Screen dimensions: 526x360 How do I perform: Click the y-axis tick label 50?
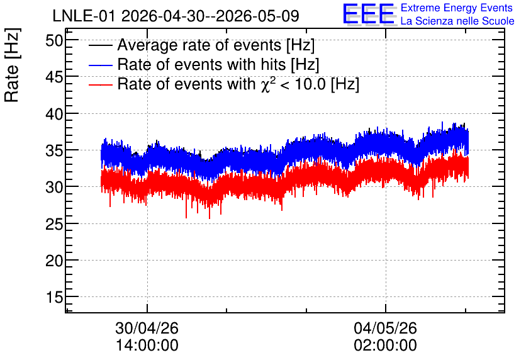pyautogui.click(x=54, y=41)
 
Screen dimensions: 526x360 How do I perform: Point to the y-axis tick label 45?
pyautogui.click(x=54, y=77)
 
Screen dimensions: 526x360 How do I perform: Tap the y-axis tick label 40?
pyautogui.click(x=54, y=115)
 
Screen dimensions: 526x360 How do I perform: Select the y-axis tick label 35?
pyautogui.click(x=54, y=151)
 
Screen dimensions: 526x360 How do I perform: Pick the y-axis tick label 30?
pyautogui.click(x=54, y=188)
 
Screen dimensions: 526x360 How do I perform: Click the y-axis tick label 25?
pyautogui.click(x=54, y=224)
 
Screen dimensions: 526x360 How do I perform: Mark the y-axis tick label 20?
pyautogui.click(x=54, y=261)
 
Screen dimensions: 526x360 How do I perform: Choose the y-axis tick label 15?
pyautogui.click(x=54, y=297)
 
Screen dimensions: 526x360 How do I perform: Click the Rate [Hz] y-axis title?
pyautogui.click(x=13, y=65)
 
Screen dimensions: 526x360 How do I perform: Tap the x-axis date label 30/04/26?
pyautogui.click(x=147, y=328)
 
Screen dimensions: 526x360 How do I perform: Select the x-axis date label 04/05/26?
pyautogui.click(x=385, y=328)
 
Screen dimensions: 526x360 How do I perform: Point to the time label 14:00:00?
pyautogui.click(x=147, y=346)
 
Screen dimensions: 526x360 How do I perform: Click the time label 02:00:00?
pyautogui.click(x=385, y=346)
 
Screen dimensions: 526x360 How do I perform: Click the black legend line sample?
pyautogui.click(x=100, y=45)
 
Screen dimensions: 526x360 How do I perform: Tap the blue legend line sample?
pyautogui.click(x=100, y=65)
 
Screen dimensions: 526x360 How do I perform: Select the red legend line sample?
pyautogui.click(x=100, y=84)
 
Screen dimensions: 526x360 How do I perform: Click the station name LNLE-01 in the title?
pyautogui.click(x=84, y=16)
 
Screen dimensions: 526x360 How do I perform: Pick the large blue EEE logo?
pyautogui.click(x=369, y=14)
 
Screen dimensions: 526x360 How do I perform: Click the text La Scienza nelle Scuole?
pyautogui.click(x=457, y=21)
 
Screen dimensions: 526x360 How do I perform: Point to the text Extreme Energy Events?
pyautogui.click(x=457, y=8)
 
